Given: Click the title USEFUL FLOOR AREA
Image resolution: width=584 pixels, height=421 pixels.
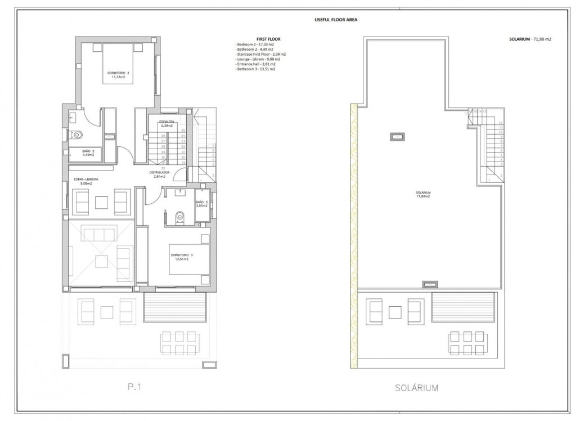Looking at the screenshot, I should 335,19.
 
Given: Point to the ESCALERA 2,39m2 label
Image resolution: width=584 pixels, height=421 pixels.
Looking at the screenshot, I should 167,123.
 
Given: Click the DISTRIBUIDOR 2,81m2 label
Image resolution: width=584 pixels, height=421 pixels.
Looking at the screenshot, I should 160,174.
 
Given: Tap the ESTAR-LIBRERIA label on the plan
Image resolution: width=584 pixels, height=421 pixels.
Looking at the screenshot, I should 86,181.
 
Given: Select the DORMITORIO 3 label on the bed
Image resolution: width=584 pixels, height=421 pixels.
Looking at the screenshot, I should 182,257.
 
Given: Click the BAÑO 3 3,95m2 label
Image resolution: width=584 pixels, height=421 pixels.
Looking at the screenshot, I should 201,204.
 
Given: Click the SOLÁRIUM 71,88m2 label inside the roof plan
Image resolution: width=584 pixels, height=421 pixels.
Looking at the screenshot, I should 423,194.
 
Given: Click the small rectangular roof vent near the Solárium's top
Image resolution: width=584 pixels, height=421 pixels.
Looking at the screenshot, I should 398,136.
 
